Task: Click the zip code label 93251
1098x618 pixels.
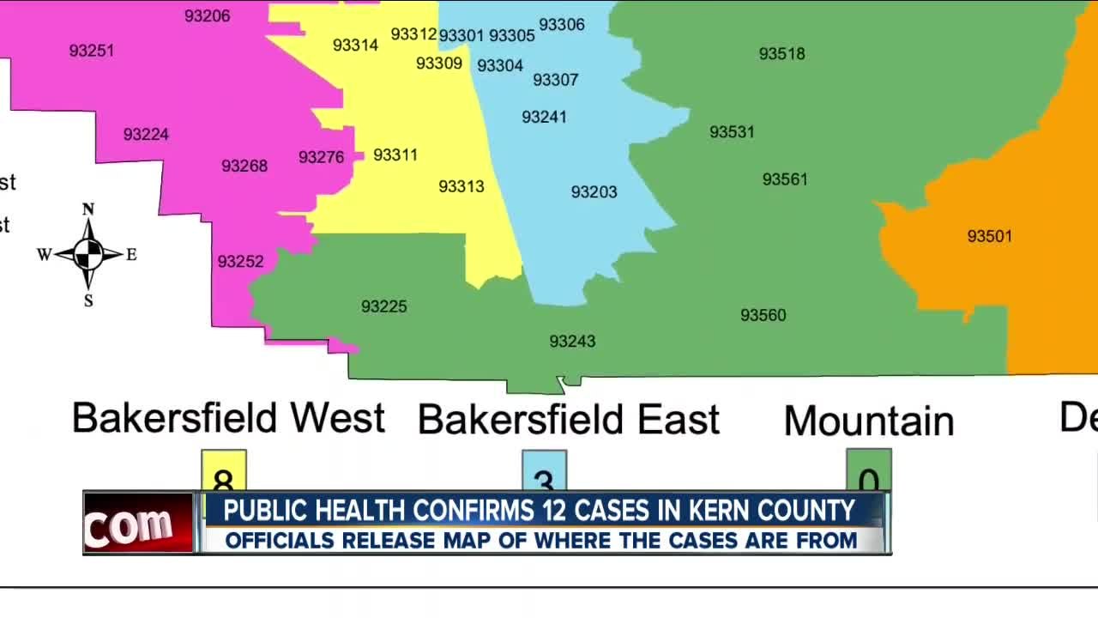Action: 92,51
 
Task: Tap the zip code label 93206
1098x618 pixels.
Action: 208,15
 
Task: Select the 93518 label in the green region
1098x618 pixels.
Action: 781,54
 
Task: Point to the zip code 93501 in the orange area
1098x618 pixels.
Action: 989,236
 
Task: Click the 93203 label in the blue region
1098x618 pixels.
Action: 594,192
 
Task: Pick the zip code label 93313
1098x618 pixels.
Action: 462,186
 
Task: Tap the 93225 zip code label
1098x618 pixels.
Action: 383,306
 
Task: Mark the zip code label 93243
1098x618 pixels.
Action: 572,342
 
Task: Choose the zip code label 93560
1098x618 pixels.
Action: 763,316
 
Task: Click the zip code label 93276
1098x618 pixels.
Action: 321,158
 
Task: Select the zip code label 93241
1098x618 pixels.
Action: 544,117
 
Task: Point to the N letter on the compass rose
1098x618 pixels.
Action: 87,209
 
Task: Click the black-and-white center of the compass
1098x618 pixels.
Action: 88,254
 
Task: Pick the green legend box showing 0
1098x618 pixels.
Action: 868,470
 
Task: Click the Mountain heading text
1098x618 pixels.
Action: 868,421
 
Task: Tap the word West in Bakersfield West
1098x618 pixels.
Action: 337,418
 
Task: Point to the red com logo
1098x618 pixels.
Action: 138,524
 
